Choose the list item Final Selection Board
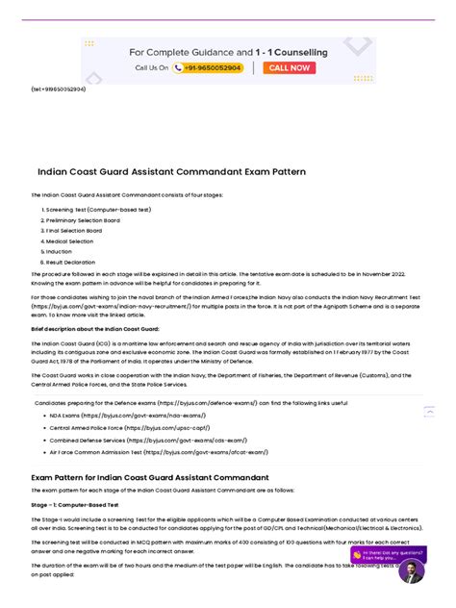[x=76, y=230]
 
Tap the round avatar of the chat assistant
[x=411, y=571]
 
